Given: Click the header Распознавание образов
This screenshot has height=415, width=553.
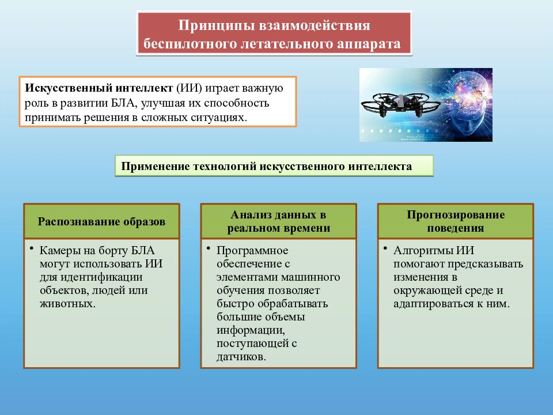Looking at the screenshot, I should click(101, 221).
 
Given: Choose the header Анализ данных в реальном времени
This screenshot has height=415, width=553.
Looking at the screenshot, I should click(278, 221).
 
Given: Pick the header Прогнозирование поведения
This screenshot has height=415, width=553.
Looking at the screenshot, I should click(455, 221).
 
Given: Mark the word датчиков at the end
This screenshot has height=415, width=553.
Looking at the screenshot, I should click(241, 357).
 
